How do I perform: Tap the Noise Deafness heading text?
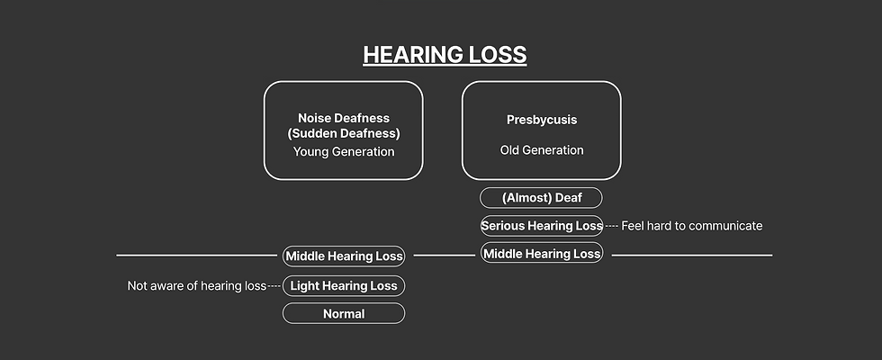344,118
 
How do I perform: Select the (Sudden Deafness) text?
344,134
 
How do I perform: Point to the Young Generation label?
344,151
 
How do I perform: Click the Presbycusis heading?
542,120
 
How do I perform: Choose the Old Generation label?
542,150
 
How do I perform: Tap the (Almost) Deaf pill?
541,198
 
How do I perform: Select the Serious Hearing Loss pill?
542,226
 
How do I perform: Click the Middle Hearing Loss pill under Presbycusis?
542,254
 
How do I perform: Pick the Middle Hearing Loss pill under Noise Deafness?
344,256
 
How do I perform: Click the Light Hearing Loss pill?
344,286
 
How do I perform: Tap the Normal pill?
344,314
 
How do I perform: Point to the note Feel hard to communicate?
692,226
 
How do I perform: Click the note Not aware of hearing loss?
197,286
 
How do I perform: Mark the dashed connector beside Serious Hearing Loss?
612,226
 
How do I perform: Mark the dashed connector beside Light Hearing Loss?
274,286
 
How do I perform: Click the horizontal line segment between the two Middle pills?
445,256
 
